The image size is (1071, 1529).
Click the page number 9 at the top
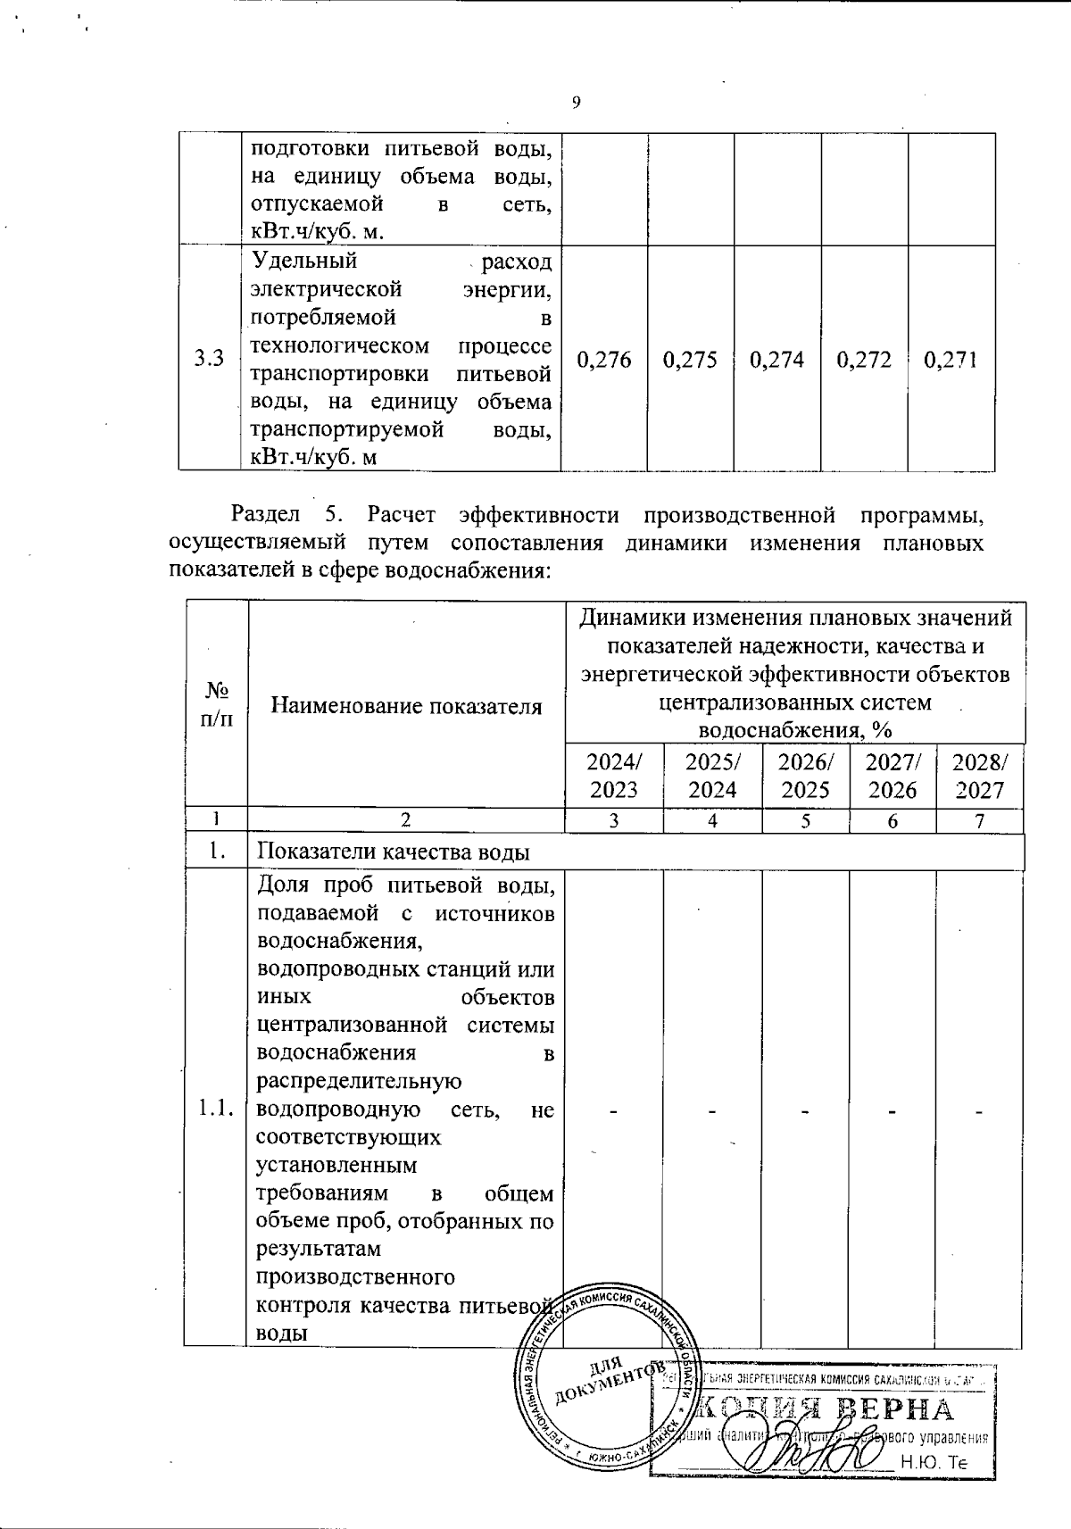(x=576, y=103)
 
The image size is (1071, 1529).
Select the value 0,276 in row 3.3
(x=604, y=360)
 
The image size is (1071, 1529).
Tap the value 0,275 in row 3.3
(x=691, y=360)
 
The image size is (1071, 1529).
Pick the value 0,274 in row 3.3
(x=777, y=360)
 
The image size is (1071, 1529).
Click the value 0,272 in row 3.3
(x=865, y=360)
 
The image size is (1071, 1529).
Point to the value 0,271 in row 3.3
(x=951, y=360)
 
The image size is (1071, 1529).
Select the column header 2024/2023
(x=614, y=776)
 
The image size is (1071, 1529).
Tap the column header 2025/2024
(x=712, y=776)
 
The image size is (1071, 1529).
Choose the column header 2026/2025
(x=805, y=776)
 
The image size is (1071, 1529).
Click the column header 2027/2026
(x=892, y=776)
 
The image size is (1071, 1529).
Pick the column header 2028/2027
(x=979, y=776)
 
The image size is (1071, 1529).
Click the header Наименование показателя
(x=406, y=707)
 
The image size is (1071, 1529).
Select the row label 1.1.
(x=216, y=1109)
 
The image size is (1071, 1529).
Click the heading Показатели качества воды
(x=394, y=852)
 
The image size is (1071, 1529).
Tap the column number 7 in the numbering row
(x=979, y=821)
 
